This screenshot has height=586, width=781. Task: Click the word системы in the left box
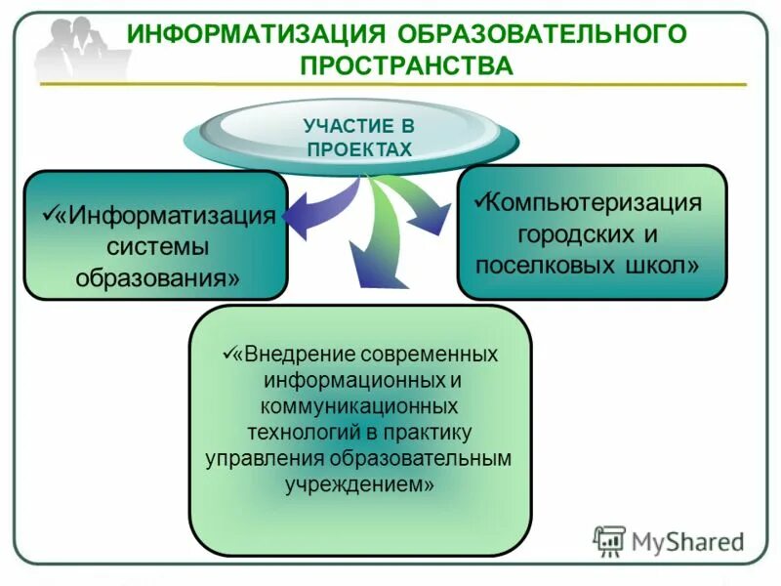pos(158,245)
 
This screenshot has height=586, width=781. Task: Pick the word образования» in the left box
pos(158,275)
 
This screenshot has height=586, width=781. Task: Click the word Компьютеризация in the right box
pos(595,203)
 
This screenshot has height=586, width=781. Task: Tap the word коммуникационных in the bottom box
pos(361,403)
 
